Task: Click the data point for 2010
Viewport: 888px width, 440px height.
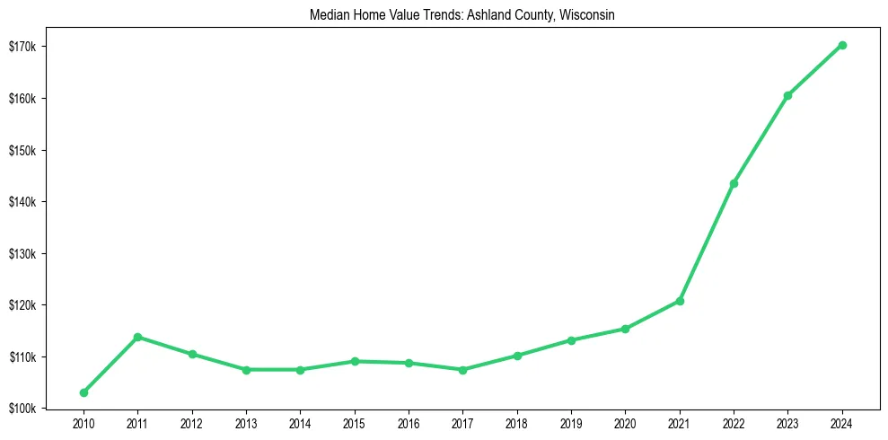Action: point(84,392)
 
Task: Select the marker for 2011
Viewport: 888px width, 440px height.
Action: point(137,337)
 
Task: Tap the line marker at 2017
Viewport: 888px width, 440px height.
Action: point(462,369)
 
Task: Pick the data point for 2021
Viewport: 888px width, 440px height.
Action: point(680,301)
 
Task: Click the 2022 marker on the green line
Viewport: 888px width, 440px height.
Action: point(734,183)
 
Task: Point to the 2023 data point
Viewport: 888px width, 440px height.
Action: point(787,95)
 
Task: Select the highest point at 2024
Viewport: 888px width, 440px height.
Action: point(842,45)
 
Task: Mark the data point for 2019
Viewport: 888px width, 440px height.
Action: point(571,340)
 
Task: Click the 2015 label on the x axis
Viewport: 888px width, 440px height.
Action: point(354,423)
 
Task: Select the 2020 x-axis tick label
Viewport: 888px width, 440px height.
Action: point(625,423)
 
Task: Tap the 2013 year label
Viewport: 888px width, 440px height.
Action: point(246,423)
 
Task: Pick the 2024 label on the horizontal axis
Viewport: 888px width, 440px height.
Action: point(842,423)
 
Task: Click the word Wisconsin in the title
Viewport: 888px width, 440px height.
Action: point(586,16)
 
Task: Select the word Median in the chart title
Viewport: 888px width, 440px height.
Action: point(327,16)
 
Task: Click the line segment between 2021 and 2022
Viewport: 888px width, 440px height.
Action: point(707,242)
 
